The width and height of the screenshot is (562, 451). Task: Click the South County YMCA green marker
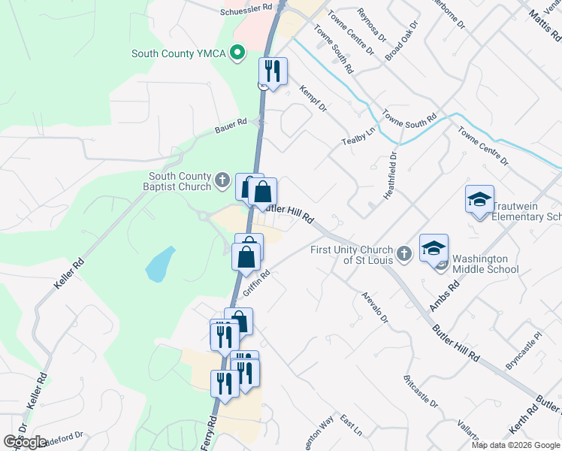pos(238,53)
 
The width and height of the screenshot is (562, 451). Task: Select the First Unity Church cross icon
pos(403,254)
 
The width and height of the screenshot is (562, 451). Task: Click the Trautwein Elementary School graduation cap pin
pos(479,199)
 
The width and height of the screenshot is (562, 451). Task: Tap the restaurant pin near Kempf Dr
pos(272,71)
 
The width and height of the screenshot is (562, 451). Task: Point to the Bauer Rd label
pos(232,122)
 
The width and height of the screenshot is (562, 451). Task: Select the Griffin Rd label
pos(255,283)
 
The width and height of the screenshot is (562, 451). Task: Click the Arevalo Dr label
pos(374,308)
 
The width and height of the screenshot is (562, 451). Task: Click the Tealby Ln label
pos(358,137)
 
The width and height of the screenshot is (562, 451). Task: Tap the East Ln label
pos(352,425)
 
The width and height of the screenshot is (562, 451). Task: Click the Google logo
pos(26,442)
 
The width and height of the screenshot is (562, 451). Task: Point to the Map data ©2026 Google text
pos(515,445)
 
